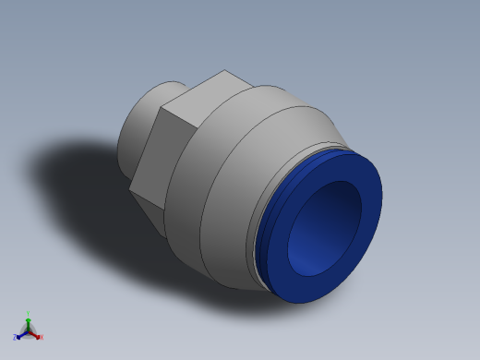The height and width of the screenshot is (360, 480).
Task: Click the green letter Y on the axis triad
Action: pyautogui.click(x=28, y=314)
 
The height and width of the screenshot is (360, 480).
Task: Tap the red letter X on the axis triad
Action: pyautogui.click(x=42, y=337)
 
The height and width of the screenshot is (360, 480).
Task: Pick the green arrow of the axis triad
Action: pyautogui.click(x=28, y=322)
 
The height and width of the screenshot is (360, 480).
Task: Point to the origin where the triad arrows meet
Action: pyautogui.click(x=28, y=331)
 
